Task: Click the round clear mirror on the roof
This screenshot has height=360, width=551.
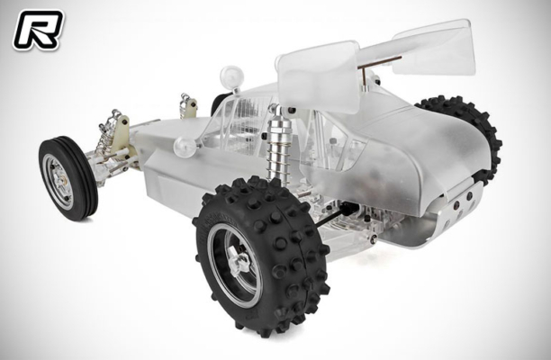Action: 232,74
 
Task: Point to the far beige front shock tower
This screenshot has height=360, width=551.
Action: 190,107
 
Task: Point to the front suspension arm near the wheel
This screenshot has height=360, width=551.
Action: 104,166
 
